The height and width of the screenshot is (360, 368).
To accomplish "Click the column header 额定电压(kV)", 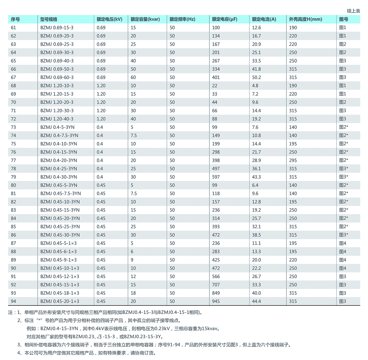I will point(109,19).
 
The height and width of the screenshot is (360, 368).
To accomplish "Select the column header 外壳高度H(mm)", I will point(305,19).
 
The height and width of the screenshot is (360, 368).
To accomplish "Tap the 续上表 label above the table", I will point(353,11).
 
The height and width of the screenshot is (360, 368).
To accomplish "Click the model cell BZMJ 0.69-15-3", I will point(57,28).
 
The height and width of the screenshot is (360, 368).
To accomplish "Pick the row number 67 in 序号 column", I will point(13,77).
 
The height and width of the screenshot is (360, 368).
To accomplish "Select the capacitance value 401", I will point(216,77).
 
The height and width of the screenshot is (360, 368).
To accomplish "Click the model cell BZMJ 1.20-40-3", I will point(57,119).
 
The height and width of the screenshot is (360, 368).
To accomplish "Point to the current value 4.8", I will point(255,86).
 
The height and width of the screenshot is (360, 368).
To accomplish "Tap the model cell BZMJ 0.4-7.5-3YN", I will point(59,135).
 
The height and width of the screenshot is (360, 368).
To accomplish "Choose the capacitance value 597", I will point(216,177).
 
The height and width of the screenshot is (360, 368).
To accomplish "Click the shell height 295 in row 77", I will point(293,160).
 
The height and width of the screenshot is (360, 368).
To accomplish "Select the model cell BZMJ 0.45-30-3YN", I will point(60,235).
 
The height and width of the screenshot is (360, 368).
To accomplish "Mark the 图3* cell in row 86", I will point(343,235).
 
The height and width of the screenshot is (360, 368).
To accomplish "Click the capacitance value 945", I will point(216,301).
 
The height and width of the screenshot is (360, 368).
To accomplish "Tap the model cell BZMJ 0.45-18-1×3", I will point(59,293).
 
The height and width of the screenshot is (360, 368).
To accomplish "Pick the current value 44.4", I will point(256,301).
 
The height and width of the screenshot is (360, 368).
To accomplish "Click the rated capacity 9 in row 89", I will point(132,260).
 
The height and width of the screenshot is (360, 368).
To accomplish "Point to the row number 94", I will point(13,301).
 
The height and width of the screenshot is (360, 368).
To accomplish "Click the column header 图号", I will point(343,19).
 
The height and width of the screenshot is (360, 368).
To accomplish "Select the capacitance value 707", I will point(216,285).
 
